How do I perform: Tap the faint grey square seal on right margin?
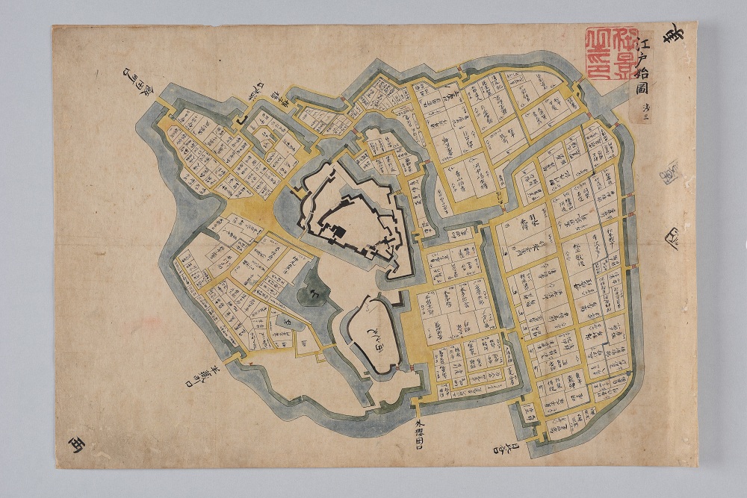pos(669,173)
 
